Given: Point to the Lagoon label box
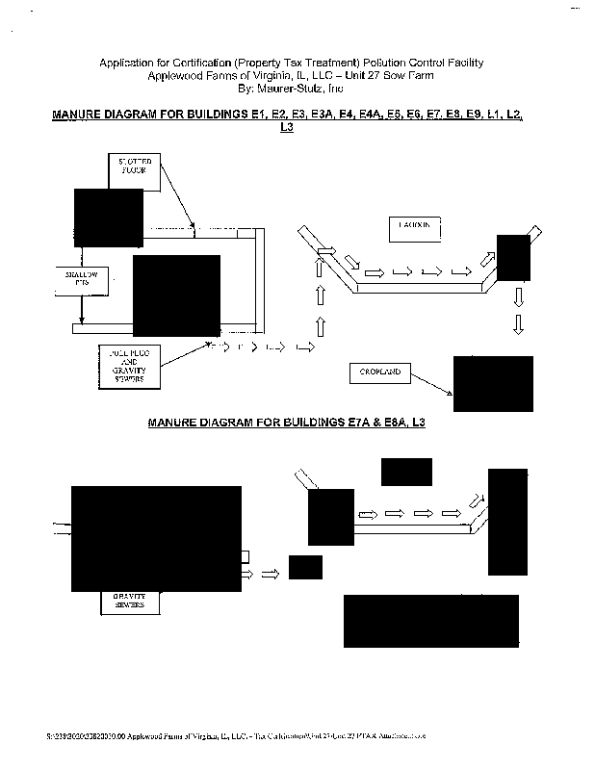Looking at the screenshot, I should pyautogui.click(x=414, y=227).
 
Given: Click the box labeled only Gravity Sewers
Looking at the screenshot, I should pyautogui.click(x=129, y=603).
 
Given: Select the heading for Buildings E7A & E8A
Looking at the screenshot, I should pyautogui.click(x=286, y=423).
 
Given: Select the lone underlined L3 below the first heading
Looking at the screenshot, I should pyautogui.click(x=285, y=127).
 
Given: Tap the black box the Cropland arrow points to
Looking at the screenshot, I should pyautogui.click(x=493, y=383).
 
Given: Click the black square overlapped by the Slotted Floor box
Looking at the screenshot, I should pyautogui.click(x=108, y=218).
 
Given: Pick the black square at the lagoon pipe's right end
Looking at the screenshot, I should pyautogui.click(x=513, y=257).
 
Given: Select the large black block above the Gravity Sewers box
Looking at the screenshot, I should pyautogui.click(x=156, y=538).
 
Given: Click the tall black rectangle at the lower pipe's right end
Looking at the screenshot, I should pyautogui.click(x=507, y=521).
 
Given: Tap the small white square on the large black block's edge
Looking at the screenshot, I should pyautogui.click(x=246, y=556).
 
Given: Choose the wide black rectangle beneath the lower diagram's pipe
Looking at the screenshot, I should pyautogui.click(x=430, y=621).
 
